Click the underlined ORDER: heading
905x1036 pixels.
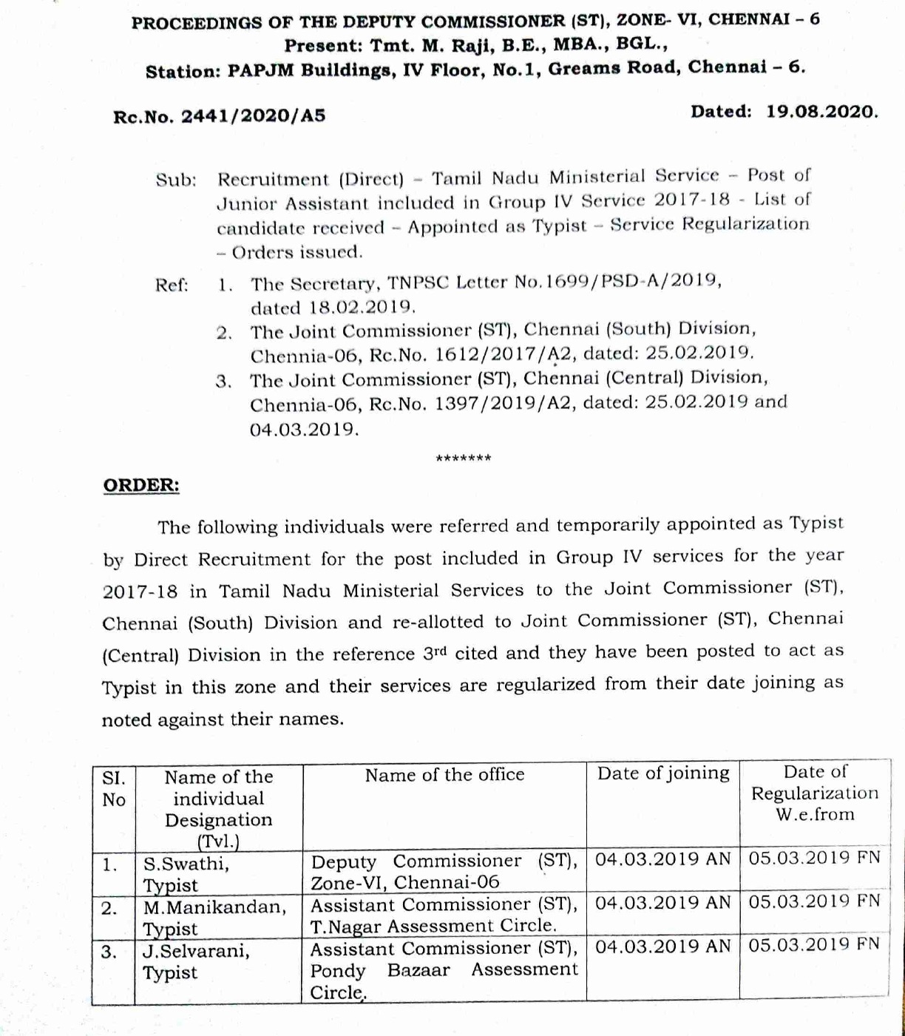click(140, 485)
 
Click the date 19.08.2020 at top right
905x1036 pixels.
click(821, 112)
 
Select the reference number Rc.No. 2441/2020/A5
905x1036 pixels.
click(219, 116)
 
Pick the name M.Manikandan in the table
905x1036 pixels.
click(214, 907)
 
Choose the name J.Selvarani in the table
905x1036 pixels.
click(196, 951)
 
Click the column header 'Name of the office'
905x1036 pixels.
click(444, 775)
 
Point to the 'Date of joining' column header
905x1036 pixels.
click(663, 773)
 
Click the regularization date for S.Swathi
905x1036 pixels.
click(814, 858)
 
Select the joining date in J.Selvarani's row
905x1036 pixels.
click(662, 947)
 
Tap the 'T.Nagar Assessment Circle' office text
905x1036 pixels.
click(433, 926)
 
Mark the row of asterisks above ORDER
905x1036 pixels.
click(464, 458)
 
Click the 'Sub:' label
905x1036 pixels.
click(176, 180)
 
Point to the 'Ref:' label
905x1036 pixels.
click(172, 285)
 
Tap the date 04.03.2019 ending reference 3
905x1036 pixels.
click(304, 430)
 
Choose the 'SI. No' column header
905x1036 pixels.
click(114, 789)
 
